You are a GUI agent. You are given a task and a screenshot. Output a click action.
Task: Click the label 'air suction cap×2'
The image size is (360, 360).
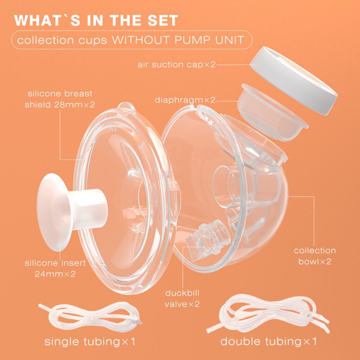pyautogui.click(x=176, y=65)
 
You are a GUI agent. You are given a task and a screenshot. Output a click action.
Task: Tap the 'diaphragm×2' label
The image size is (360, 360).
pyautogui.click(x=185, y=100)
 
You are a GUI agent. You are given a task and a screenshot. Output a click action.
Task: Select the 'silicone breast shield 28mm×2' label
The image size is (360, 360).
pyautogui.click(x=60, y=99)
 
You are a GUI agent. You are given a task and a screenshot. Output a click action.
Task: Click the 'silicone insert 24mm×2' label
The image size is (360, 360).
pyautogui.click(x=55, y=268)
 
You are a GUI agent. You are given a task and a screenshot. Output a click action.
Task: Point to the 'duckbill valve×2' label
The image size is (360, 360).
pyautogui.click(x=182, y=298)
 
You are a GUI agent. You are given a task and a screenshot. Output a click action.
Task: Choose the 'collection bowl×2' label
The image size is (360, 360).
pyautogui.click(x=315, y=256)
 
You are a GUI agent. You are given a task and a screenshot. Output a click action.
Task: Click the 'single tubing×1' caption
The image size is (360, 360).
pyautogui.click(x=90, y=341)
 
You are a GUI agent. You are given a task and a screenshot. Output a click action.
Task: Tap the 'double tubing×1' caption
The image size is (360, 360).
pyautogui.click(x=268, y=341)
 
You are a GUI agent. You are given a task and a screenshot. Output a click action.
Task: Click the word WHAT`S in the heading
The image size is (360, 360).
pyautogui.click(x=47, y=20)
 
